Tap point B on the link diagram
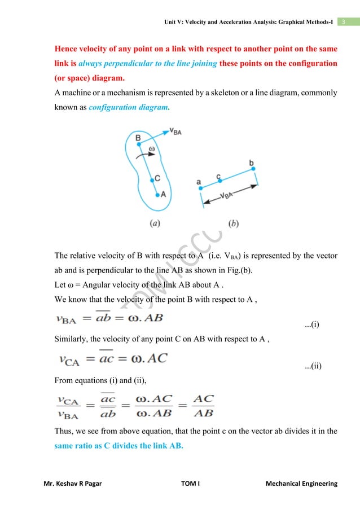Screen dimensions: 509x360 (x=139, y=146)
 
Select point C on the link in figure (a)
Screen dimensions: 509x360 (x=152, y=181)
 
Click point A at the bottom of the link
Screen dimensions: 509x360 (x=158, y=195)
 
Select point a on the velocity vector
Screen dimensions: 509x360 (x=199, y=188)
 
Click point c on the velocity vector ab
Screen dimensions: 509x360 (x=220, y=181)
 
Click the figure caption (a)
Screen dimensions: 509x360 (x=153, y=223)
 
